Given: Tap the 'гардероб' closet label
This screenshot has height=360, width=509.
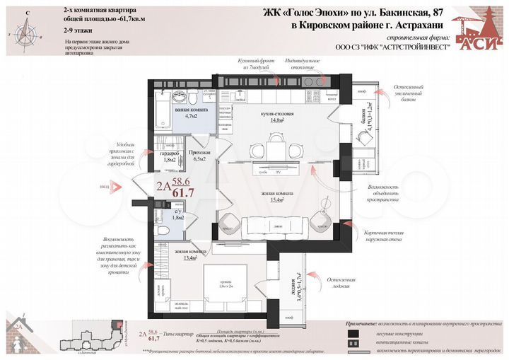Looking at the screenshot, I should [168, 153].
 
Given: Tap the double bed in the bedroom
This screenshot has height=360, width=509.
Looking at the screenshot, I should [226, 284].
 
